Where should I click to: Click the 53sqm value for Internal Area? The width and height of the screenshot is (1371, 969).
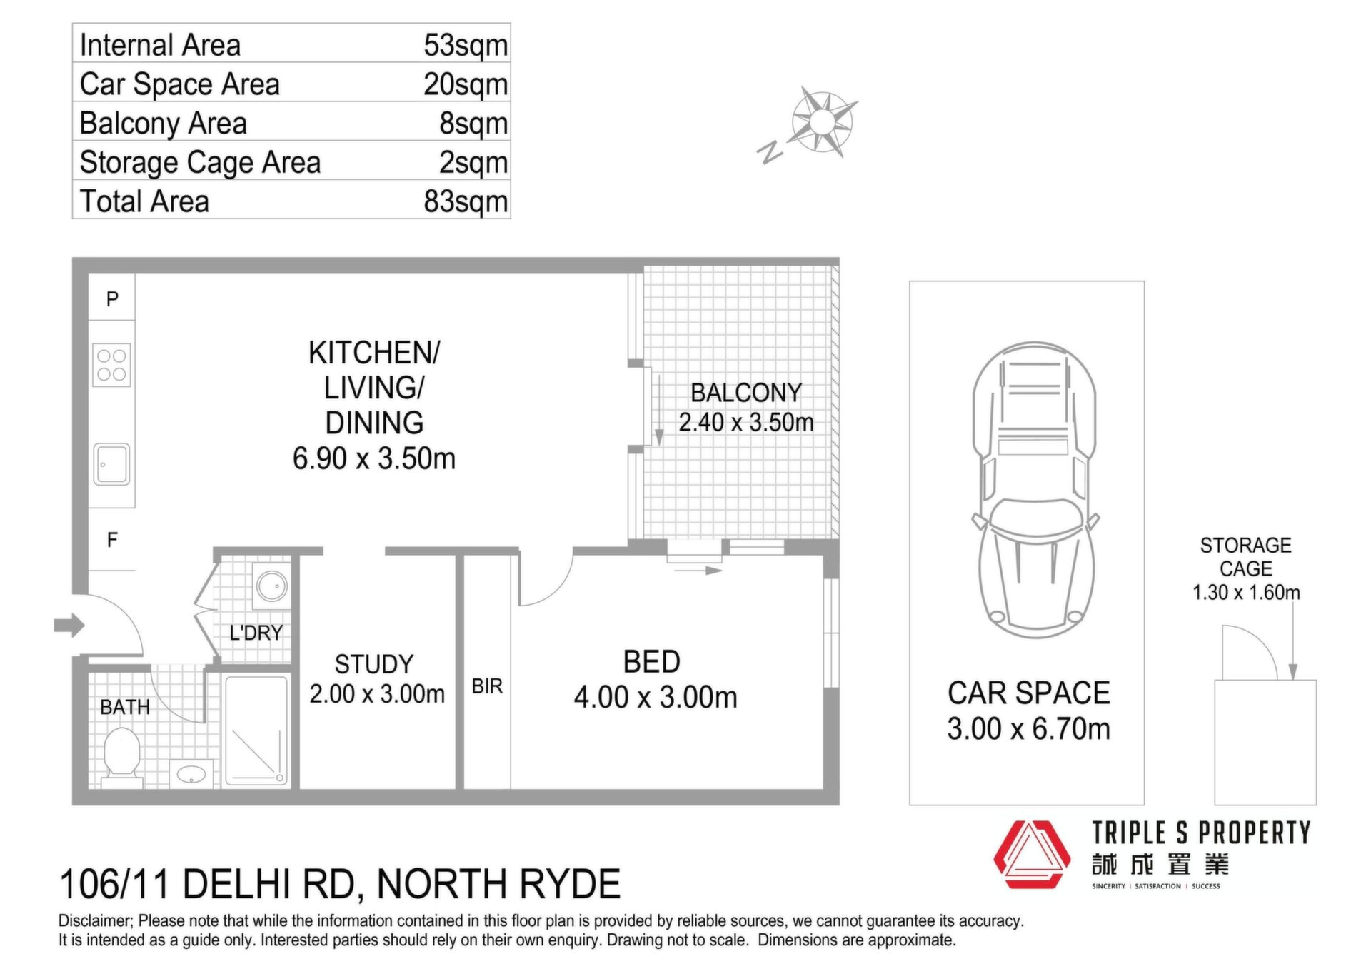[466, 46]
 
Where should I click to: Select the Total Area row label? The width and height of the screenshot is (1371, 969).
[144, 201]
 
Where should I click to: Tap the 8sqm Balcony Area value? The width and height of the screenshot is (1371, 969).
[473, 124]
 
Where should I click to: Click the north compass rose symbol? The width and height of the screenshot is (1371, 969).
[822, 122]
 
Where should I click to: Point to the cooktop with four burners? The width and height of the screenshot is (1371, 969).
[112, 365]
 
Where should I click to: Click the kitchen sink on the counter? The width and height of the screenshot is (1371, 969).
[112, 464]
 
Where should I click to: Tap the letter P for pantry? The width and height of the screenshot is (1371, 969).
[112, 299]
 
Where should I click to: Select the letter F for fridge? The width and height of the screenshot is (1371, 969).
[112, 540]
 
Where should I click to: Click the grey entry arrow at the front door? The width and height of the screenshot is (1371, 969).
[69, 626]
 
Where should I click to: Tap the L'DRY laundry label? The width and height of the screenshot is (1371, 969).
[256, 633]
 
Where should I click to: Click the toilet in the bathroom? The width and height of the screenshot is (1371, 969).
[121, 755]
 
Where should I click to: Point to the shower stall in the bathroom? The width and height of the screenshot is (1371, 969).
[256, 730]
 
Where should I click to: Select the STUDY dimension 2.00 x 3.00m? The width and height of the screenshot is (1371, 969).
[377, 693]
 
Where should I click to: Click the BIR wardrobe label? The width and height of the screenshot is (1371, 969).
[488, 686]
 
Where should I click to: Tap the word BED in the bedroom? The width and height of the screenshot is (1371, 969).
[652, 662]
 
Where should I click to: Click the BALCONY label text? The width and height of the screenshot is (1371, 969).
[746, 393]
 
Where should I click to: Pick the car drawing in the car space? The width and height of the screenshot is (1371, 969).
[1033, 490]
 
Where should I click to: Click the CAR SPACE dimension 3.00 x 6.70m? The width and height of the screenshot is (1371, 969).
[1029, 729]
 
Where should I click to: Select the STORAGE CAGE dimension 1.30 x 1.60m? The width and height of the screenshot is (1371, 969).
[1247, 593]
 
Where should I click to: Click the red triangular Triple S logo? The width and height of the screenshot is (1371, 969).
[1033, 854]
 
